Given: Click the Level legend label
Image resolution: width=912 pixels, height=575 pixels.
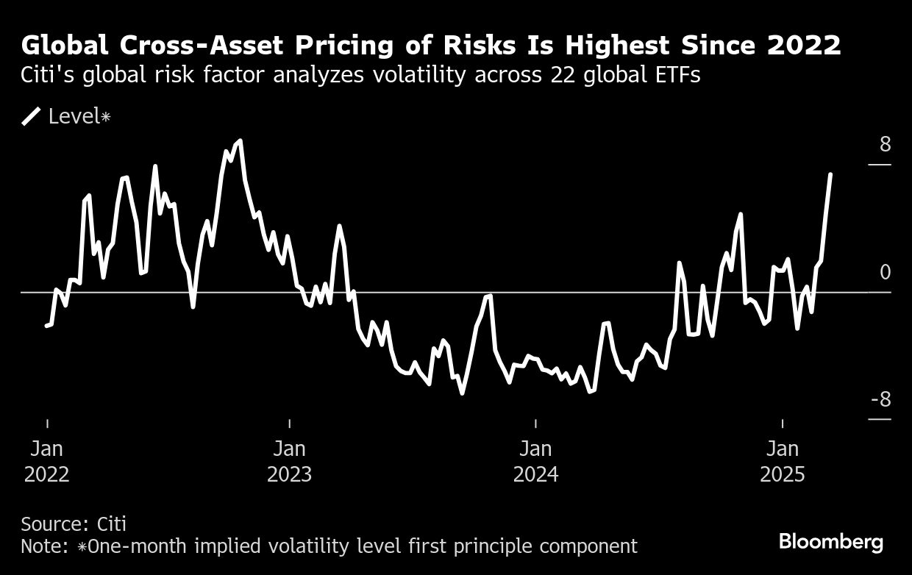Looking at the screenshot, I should [x=74, y=116].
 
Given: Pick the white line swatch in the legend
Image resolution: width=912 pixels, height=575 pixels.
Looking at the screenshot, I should [x=32, y=116].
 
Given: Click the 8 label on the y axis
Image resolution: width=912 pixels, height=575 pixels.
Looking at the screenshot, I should [x=885, y=144].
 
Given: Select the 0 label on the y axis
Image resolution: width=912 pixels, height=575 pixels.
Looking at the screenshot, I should [x=885, y=273].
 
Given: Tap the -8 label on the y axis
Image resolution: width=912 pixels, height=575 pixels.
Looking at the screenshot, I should [x=880, y=400].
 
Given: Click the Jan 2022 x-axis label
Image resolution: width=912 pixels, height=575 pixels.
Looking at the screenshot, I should [x=47, y=461].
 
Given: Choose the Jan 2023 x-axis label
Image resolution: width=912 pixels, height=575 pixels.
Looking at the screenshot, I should [x=289, y=461].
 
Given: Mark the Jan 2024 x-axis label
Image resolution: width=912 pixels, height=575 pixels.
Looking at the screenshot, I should [x=535, y=461].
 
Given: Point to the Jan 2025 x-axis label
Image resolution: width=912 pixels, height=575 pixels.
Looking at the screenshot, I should [x=783, y=461].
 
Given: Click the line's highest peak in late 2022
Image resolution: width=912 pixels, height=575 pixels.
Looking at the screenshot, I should [x=241, y=140].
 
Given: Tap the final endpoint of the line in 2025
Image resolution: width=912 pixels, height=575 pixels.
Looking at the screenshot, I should [x=830, y=174].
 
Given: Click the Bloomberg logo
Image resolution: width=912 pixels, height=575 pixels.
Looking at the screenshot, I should [x=831, y=543].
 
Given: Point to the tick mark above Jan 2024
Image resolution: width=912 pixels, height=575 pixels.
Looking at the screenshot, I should [x=535, y=423].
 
